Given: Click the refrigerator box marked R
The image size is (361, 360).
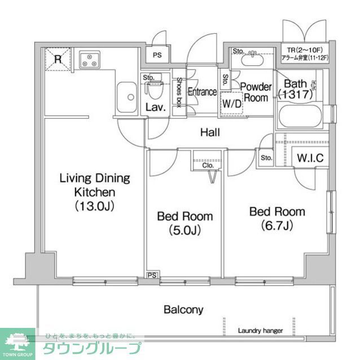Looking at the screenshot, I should point(58,59).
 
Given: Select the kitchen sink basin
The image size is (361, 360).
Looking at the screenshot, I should point(127,97).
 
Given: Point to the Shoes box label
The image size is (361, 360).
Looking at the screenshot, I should point(179,92).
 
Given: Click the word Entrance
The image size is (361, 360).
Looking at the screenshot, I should point(202,92).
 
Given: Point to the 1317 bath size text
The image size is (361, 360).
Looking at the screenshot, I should point(295,95).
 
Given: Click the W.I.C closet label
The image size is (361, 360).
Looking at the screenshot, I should point(310,158).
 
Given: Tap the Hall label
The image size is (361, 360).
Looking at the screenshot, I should point(210,132).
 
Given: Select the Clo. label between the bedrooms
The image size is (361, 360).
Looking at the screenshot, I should point(208,165).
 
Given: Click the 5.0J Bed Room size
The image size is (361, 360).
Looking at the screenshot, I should point(184,230).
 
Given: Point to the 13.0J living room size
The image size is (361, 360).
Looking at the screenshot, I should point(95,206).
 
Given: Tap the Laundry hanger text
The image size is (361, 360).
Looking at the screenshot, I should point(260,331).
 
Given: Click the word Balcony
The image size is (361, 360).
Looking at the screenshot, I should point(183,309).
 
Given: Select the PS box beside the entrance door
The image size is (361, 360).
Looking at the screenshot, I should point(157,55).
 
